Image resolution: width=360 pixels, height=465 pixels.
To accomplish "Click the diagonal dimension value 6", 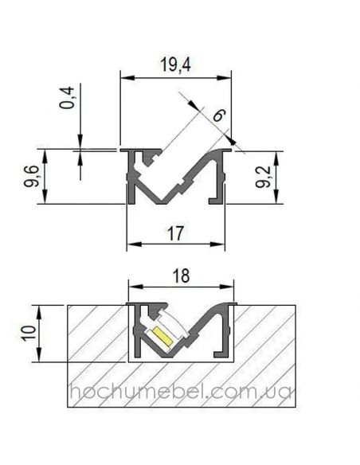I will click(x=218, y=115).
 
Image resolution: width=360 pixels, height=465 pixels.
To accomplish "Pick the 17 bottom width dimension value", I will click(x=176, y=234).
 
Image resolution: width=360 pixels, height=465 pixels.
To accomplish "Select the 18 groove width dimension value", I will click(x=181, y=275).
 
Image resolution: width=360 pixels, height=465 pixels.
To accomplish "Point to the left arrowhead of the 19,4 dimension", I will click(x=123, y=77).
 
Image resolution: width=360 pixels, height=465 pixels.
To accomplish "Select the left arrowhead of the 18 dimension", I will click(x=132, y=286).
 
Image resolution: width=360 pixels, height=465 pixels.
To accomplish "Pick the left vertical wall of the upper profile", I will click(x=129, y=179).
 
